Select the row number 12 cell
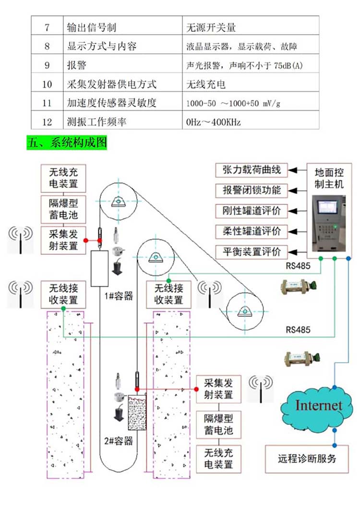click(x=47, y=122)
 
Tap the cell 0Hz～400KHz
click(x=214, y=122)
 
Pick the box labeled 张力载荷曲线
click(x=252, y=170)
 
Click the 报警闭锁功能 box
click(x=252, y=190)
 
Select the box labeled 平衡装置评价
click(x=252, y=251)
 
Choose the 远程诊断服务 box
click(x=307, y=458)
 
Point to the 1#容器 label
click(x=119, y=296)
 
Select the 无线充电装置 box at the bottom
click(x=218, y=459)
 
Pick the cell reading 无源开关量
click(x=211, y=28)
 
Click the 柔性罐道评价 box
click(x=252, y=230)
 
